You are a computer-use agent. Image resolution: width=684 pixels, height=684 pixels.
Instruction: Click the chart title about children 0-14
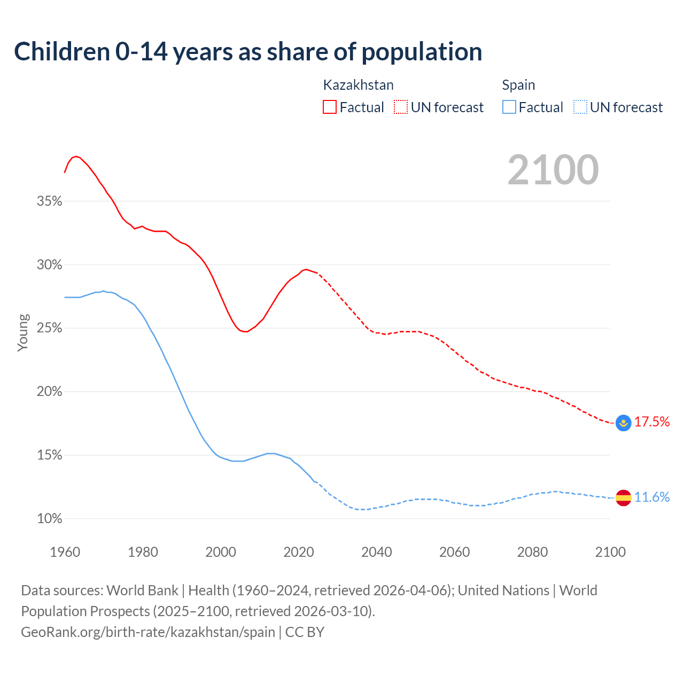pos(248,52)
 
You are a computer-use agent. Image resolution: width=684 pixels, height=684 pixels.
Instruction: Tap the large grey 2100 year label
pos(553,170)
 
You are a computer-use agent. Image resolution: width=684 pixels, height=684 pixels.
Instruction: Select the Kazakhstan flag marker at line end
pos(624,423)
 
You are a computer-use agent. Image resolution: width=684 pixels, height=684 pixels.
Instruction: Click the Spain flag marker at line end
pos(624,498)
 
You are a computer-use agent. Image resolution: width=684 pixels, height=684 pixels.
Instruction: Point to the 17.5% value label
pos(652,422)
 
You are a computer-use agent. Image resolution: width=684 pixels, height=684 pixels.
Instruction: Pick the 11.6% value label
pos(652,497)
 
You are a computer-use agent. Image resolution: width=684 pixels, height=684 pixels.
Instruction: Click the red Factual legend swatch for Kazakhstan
pos(330,107)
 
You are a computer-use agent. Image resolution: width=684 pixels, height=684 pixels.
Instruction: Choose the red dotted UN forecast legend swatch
pos(401,107)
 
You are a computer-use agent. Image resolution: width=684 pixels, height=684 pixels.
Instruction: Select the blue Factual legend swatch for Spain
pos(509,107)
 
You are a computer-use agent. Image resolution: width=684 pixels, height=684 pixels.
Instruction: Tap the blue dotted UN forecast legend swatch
pos(580,107)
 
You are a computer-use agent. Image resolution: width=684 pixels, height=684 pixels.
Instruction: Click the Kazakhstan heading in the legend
pos(358,85)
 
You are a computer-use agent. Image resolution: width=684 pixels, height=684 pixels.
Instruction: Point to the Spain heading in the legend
pos(518,85)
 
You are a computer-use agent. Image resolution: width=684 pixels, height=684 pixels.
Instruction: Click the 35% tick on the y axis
pos(50,201)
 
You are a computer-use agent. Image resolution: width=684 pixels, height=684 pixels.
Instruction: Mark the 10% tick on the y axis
pos(50,519)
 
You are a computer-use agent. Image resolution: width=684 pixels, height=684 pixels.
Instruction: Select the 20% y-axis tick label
pos(50,392)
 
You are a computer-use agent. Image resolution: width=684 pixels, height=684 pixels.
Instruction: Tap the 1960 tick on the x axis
pos(65,552)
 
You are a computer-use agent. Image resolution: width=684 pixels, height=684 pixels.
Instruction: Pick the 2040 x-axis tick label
pos(377,552)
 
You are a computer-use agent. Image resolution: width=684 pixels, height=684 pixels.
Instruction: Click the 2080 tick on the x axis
pos(532,552)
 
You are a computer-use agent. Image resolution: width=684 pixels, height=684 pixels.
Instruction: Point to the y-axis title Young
pos(23,332)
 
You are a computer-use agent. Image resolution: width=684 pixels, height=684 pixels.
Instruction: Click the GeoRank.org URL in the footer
pos(148,632)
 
